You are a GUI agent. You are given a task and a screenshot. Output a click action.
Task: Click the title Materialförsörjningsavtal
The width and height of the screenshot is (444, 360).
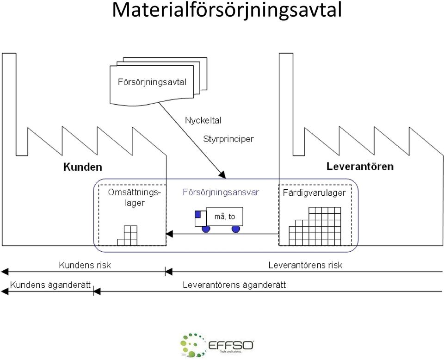tap(227, 11)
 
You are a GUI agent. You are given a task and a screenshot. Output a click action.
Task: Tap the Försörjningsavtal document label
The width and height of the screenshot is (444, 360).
tap(152, 82)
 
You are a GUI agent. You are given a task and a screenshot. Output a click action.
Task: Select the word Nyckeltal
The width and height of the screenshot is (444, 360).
tap(203, 120)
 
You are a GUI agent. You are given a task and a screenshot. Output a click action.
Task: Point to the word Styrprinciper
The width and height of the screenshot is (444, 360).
tap(228, 139)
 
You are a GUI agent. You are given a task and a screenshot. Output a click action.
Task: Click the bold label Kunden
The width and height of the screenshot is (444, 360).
tap(82, 167)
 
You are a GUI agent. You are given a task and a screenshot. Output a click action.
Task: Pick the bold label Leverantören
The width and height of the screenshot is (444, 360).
tap(360, 166)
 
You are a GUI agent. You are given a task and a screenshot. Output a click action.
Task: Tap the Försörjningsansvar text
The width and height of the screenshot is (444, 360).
tap(221, 192)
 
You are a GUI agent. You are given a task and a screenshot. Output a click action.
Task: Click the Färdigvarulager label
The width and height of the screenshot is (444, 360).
tap(314, 193)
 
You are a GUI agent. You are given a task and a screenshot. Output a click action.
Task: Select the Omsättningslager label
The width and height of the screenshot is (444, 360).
tap(135, 198)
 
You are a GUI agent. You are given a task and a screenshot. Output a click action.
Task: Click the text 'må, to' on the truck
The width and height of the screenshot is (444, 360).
tap(225, 217)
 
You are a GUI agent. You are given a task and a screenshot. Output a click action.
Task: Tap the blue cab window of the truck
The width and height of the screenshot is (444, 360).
tap(197, 214)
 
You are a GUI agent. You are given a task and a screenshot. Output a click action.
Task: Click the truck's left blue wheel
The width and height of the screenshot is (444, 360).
tap(206, 229)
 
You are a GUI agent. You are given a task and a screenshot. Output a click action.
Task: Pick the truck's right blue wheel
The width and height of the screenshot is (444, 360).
tap(235, 229)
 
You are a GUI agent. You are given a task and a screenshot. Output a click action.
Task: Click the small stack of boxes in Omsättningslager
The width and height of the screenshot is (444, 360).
tap(128, 236)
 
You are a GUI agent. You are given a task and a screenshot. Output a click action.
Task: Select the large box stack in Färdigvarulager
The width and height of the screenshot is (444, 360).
tap(315, 226)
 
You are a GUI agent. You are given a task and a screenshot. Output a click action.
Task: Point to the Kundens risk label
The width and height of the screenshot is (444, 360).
tap(85, 265)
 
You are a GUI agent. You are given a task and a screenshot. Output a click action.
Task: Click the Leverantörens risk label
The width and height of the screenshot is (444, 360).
tap(305, 265)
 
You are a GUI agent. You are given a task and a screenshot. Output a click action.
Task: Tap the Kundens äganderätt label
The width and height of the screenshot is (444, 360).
tap(50, 285)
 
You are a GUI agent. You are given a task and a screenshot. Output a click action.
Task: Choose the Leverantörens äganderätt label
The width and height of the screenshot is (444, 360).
tap(234, 285)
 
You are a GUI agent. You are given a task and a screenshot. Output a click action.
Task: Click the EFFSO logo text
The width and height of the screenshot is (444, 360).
tap(231, 345)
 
